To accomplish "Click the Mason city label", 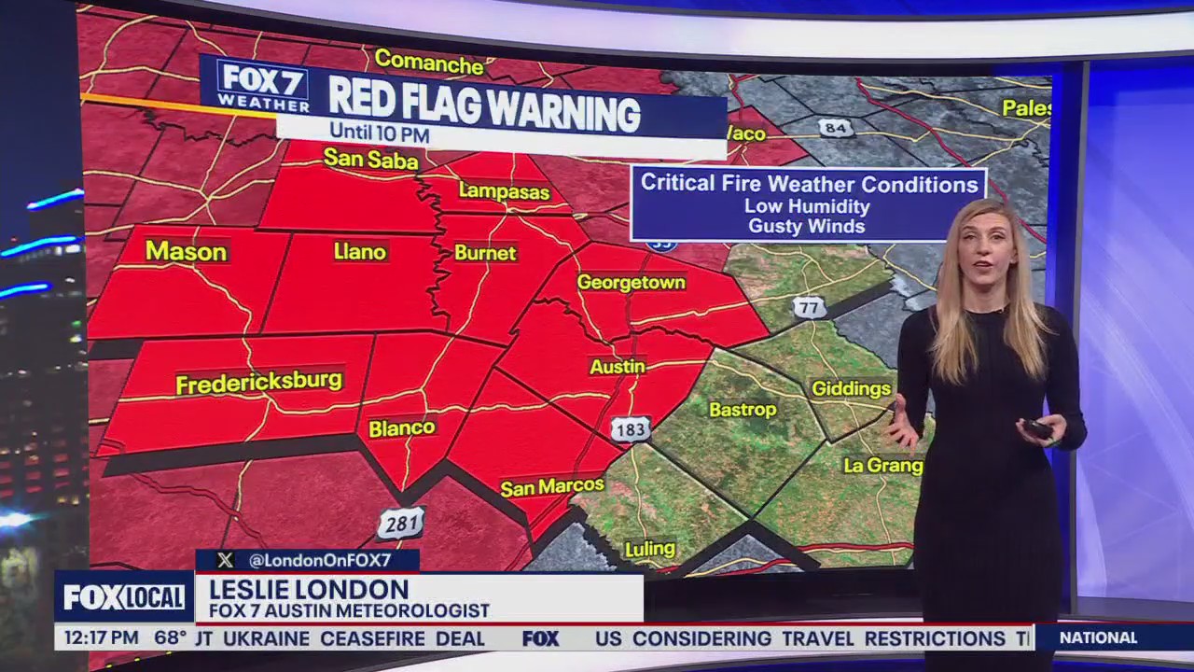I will pos(186,252).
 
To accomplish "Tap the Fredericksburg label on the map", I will pos(259,383).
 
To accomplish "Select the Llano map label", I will pos(359,251).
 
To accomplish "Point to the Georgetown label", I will pos(631,282).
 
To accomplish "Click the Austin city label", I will pos(617,367).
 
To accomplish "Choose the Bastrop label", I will pos(743,410).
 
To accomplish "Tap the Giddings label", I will pos(851,389).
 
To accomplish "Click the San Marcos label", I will pos(552,487).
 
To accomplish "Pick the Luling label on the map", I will pos(649,550).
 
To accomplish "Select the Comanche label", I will pos(429,63).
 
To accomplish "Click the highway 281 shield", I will pos(401,524).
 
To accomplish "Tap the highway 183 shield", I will pos(631,429).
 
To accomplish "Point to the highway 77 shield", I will pos(810,307).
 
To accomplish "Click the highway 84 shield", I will pos(836,127).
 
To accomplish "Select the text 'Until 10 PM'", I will pos(379,134).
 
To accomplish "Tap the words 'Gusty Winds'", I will pos(806,226).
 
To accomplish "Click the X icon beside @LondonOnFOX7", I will pos(225,560).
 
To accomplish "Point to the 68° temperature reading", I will pos(171,638).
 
